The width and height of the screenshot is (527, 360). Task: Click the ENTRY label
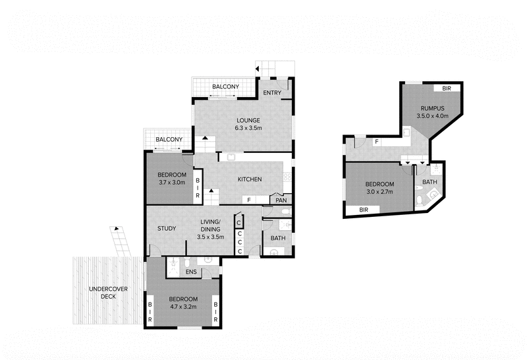pyautogui.click(x=271, y=94)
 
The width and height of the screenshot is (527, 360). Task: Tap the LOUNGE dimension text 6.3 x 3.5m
pyautogui.click(x=240, y=129)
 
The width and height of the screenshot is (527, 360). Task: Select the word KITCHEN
pyautogui.click(x=250, y=179)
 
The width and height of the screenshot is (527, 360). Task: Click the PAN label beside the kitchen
pyautogui.click(x=281, y=200)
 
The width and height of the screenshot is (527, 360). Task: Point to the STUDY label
pyautogui.click(x=166, y=229)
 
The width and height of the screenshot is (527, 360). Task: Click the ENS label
pyautogui.click(x=190, y=271)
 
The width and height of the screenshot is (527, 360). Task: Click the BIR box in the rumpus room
pyautogui.click(x=446, y=88)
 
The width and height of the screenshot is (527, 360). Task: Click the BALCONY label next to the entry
pyautogui.click(x=225, y=87)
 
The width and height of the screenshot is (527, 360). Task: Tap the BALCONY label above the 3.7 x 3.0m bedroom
pyautogui.click(x=169, y=140)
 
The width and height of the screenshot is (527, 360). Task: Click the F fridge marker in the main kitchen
pyautogui.click(x=248, y=200)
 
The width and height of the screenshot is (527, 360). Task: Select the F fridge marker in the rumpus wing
pyautogui.click(x=376, y=141)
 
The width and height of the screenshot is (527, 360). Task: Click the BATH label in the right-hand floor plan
pyautogui.click(x=430, y=182)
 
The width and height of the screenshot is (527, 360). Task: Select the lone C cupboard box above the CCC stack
pyautogui.click(x=238, y=223)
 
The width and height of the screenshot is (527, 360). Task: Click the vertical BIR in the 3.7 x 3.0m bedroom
pyautogui.click(x=197, y=187)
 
